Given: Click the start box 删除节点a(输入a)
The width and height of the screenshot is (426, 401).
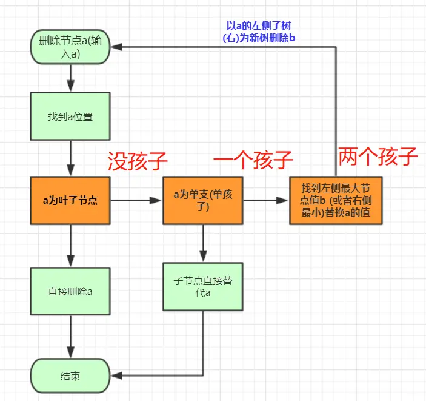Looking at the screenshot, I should [x=70, y=47].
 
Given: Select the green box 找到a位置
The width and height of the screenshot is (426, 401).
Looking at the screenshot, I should [x=70, y=116].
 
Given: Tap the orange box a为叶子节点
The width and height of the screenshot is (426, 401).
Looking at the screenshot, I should [x=70, y=200].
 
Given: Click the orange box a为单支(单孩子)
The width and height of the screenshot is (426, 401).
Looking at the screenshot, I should [x=202, y=200].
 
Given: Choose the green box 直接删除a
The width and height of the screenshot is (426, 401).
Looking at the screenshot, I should [x=70, y=291].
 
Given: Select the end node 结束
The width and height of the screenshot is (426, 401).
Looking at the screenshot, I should [x=70, y=376].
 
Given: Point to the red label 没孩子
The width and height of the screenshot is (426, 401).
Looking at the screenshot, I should [x=137, y=161].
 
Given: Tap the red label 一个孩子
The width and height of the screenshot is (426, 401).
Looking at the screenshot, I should [x=253, y=161].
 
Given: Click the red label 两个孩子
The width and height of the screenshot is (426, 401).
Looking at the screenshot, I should [x=378, y=157].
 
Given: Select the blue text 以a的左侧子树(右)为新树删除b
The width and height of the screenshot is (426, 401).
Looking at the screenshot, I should [x=259, y=32].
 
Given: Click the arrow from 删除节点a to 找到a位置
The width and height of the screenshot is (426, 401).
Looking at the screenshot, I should [x=71, y=78].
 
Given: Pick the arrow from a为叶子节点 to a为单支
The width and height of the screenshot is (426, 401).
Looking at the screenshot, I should [x=136, y=200].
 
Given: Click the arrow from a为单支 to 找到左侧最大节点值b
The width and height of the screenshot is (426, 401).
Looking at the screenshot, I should [x=267, y=200].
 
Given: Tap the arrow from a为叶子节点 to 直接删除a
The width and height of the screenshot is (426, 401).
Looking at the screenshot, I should [x=71, y=245].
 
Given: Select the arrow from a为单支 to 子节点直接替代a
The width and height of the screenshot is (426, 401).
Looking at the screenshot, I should [x=202, y=243].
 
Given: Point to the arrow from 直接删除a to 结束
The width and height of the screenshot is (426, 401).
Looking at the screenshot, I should [x=71, y=337].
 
